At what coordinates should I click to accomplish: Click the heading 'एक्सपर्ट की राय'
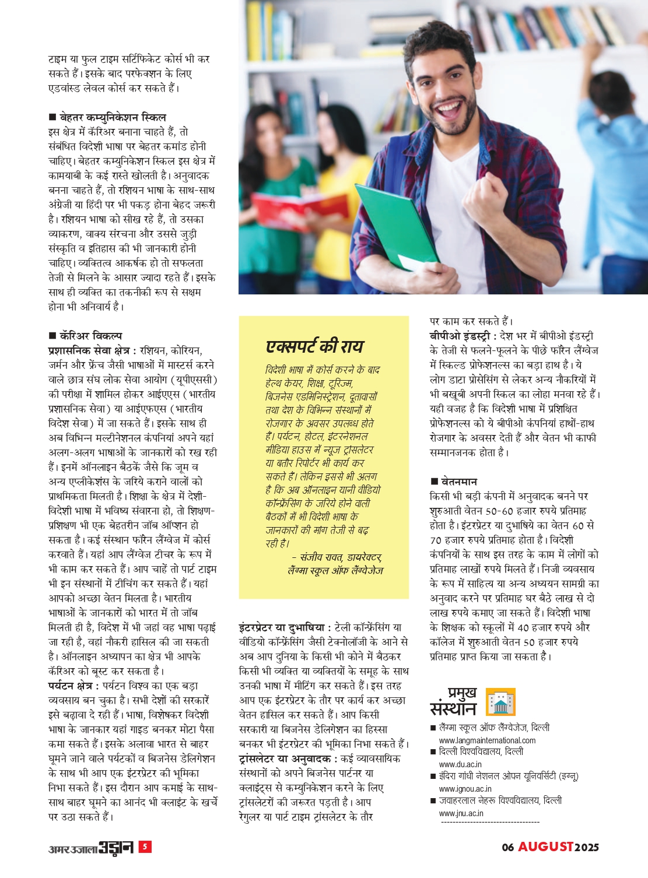(314, 347)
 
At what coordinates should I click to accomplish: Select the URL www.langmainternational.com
(487, 740)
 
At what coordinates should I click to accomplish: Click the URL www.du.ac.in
(460, 764)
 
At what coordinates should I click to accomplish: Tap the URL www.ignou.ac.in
(465, 789)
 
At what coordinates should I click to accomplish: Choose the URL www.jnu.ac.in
(461, 813)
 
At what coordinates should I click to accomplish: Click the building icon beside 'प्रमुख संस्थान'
(500, 702)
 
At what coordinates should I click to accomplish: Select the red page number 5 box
(145, 847)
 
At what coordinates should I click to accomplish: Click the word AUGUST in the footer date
(546, 847)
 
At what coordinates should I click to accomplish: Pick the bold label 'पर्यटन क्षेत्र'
(73, 686)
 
